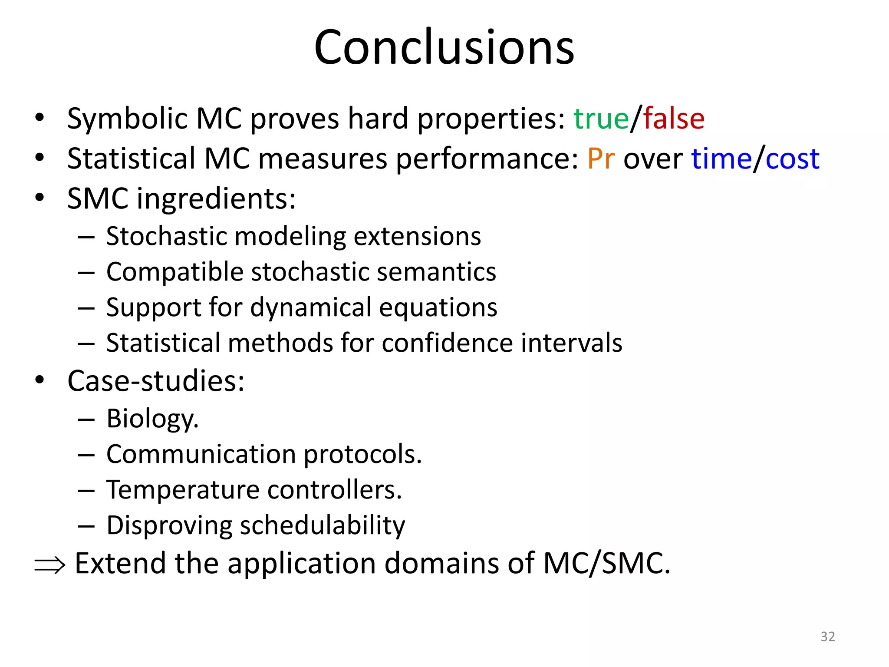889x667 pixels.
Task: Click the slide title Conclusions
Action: pyautogui.click(x=444, y=47)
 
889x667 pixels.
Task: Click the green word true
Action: pyautogui.click(x=601, y=119)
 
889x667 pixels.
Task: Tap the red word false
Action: pyautogui.click(x=674, y=119)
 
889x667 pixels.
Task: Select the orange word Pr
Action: pyautogui.click(x=601, y=159)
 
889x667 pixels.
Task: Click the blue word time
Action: pyautogui.click(x=721, y=159)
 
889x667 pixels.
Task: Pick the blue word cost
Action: pyautogui.click(x=792, y=159)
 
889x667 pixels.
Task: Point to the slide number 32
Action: pyautogui.click(x=828, y=637)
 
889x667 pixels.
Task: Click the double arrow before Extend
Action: pyautogui.click(x=50, y=565)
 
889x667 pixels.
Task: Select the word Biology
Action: pyautogui.click(x=152, y=419)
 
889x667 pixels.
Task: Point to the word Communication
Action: pyautogui.click(x=201, y=454)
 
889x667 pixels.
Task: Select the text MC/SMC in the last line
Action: pyautogui.click(x=606, y=564)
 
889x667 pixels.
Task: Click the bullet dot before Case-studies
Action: pyautogui.click(x=40, y=380)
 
